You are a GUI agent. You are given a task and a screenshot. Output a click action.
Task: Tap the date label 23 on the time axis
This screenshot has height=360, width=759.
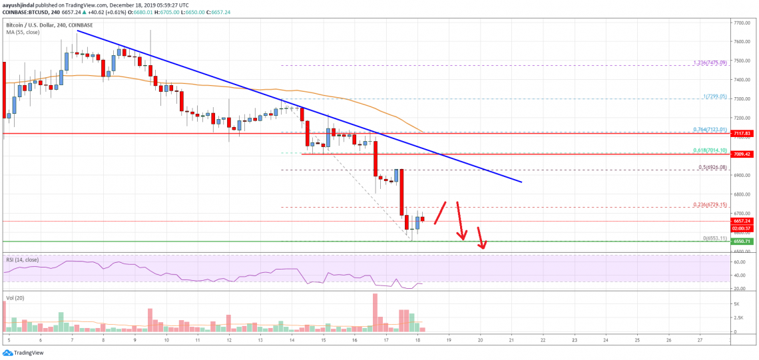point(575,339)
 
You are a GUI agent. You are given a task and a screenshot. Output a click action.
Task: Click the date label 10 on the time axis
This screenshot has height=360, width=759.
point(166,339)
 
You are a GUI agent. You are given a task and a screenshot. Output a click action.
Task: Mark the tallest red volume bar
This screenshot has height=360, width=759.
point(375,313)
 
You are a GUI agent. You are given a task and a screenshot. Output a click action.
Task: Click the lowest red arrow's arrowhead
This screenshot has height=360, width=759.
point(484,249)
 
